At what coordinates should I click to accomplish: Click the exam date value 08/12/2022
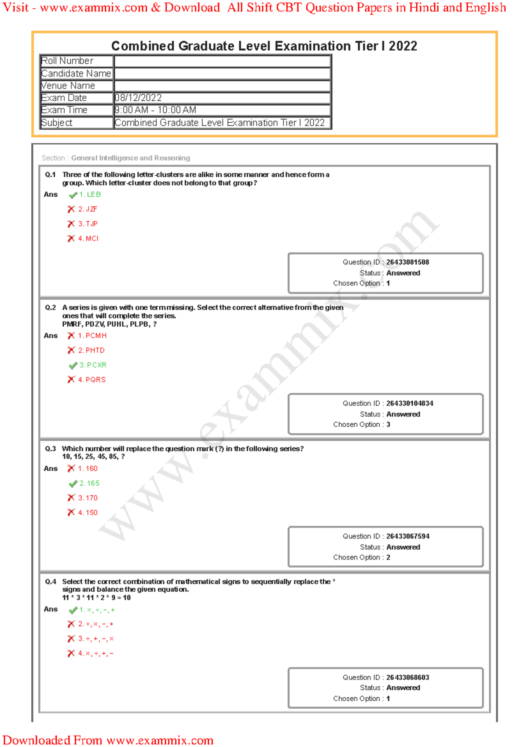tap(138, 98)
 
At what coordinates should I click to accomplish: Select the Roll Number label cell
tap(67, 61)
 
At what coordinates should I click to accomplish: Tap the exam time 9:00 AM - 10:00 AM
tap(155, 110)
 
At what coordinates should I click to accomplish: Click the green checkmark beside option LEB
tap(73, 195)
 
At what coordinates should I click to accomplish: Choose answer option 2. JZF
tap(88, 209)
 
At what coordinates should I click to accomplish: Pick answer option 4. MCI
tap(88, 238)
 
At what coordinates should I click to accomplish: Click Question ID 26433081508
tap(407, 262)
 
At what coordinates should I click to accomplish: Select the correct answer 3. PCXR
tap(93, 365)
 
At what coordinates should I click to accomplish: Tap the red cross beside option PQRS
tap(71, 380)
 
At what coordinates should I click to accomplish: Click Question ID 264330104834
tap(409, 403)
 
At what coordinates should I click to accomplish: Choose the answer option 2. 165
tap(89, 483)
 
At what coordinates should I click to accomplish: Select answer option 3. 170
tap(88, 498)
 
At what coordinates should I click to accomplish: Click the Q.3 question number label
tap(50, 449)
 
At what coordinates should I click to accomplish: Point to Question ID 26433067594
tap(407, 536)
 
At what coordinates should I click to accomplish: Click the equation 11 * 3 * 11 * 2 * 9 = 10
tap(96, 598)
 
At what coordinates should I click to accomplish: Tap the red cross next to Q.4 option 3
tap(71, 639)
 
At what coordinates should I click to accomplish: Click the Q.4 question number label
tap(50, 582)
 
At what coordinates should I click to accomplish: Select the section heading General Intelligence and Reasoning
tap(131, 158)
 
